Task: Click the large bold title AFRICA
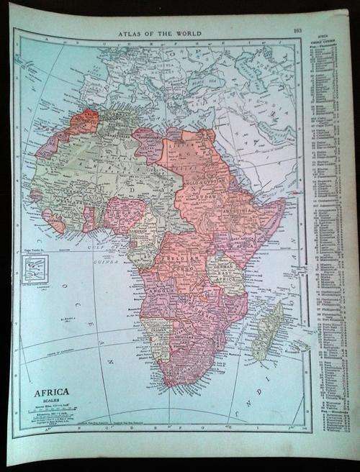coord(49,394)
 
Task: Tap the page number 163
coord(297,29)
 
